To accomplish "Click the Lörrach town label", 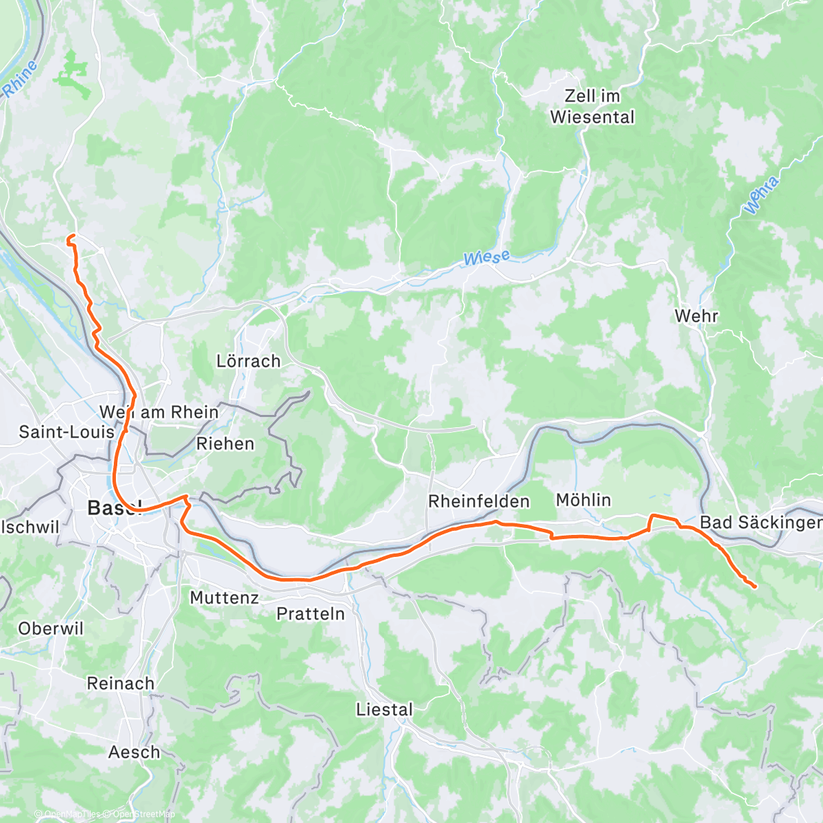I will pyautogui.click(x=248, y=361).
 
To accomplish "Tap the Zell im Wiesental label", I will pyautogui.click(x=592, y=106).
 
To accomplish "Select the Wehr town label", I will pyautogui.click(x=696, y=316).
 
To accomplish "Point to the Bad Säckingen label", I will pyautogui.click(x=760, y=523).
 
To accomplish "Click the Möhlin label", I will pyautogui.click(x=583, y=500).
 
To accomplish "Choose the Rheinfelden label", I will pyautogui.click(x=479, y=501).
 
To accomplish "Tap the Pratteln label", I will pyautogui.click(x=310, y=613).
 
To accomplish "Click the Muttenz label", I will pyautogui.click(x=224, y=597).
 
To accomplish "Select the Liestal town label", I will pyautogui.click(x=384, y=710).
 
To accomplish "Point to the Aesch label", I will pyautogui.click(x=134, y=752).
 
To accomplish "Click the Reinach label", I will pyautogui.click(x=120, y=683).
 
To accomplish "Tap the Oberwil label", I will pyautogui.click(x=51, y=628).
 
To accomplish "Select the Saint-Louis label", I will pyautogui.click(x=67, y=431).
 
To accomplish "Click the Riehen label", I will pyautogui.click(x=225, y=444).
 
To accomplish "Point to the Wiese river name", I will pyautogui.click(x=486, y=259).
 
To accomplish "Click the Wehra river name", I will pyautogui.click(x=761, y=195).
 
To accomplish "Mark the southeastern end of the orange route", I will pyautogui.click(x=754, y=586).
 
